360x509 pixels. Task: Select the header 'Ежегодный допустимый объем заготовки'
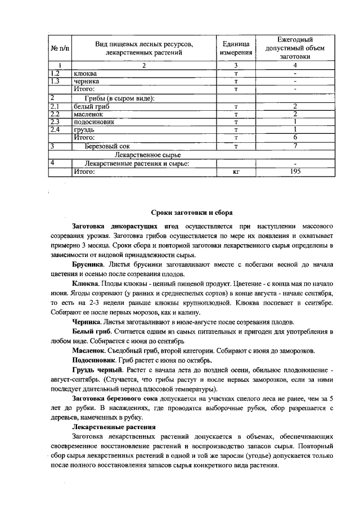point(295,48)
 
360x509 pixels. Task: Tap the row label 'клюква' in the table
point(85,74)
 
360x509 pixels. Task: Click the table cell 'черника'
point(86,82)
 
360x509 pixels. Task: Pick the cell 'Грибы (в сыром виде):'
point(119,98)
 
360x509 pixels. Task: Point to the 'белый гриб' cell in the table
point(92,106)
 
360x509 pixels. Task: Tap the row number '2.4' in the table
point(55,129)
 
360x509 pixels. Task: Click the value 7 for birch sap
point(295,146)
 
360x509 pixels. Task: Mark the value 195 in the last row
point(295,172)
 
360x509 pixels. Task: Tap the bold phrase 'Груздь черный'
point(96,372)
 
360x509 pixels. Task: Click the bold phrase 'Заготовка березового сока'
point(115,398)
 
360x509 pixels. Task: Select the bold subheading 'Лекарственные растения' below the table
point(109,426)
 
